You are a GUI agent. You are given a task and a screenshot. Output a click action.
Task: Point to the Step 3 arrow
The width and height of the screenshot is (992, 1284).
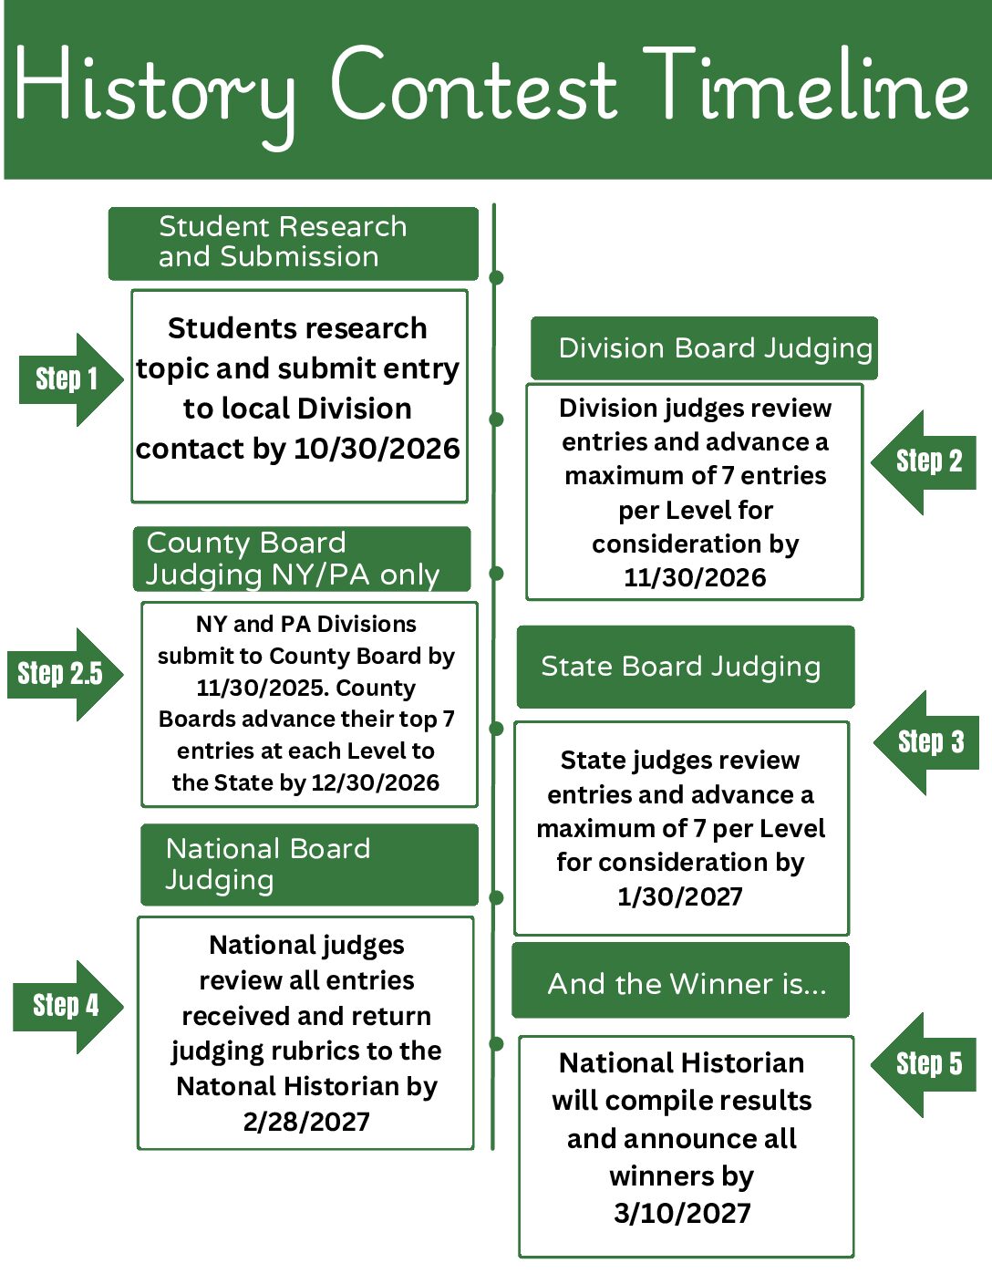928,742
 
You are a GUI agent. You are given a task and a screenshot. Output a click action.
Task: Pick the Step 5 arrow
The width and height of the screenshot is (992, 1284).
925,1064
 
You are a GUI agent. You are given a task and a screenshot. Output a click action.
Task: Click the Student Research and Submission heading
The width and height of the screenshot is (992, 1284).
292,243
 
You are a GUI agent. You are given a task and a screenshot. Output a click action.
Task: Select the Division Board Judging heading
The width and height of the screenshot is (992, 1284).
704,348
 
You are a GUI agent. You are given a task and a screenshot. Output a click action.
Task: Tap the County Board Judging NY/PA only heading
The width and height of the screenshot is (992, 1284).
301,559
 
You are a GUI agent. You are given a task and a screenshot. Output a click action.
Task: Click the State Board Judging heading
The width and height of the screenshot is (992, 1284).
685,667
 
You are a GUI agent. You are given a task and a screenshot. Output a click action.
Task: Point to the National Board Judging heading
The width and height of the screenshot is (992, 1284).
308,865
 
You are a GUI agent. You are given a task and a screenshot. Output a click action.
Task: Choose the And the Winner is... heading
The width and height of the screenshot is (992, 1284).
680,983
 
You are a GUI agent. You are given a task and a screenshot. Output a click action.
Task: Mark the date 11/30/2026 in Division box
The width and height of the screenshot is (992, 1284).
695,577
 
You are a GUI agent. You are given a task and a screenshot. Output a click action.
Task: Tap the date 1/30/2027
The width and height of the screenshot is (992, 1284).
680,896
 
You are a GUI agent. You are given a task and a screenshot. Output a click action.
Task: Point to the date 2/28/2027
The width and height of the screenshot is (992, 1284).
306,1121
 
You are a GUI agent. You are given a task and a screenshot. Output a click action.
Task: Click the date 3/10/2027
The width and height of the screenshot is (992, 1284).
682,1213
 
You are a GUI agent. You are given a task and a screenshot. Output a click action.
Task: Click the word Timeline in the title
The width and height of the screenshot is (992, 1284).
806,87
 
